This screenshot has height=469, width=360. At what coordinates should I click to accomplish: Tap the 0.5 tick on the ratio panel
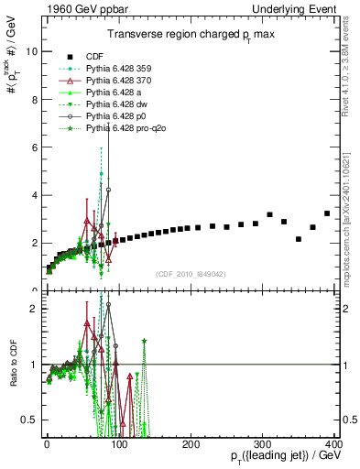click(x=29, y=420)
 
